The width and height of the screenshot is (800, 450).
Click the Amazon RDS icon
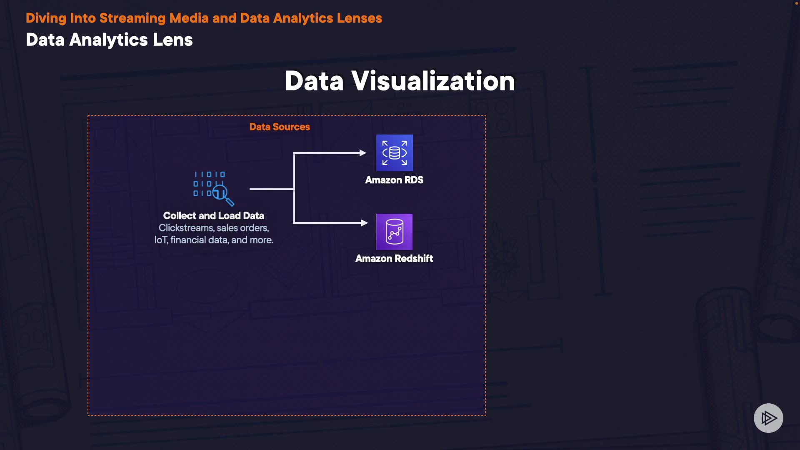[x=394, y=152]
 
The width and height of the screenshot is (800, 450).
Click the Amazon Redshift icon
[x=394, y=232]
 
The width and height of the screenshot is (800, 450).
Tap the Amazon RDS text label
[x=394, y=180]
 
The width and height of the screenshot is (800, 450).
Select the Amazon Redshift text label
[x=394, y=259]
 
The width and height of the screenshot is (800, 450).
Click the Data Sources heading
[x=280, y=127]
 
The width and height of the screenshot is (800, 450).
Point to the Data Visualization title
[x=400, y=81]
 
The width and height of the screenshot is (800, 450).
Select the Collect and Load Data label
[x=213, y=216]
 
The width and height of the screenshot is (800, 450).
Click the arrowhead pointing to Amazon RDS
[x=363, y=153]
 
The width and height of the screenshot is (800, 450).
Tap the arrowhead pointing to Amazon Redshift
[x=364, y=223]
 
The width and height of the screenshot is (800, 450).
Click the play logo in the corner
[x=768, y=418]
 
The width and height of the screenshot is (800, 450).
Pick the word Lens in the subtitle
[x=172, y=40]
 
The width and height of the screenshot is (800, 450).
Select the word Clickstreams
[x=186, y=228]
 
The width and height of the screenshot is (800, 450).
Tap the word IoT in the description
[x=161, y=240]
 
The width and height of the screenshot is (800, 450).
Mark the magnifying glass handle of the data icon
[x=230, y=202]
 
